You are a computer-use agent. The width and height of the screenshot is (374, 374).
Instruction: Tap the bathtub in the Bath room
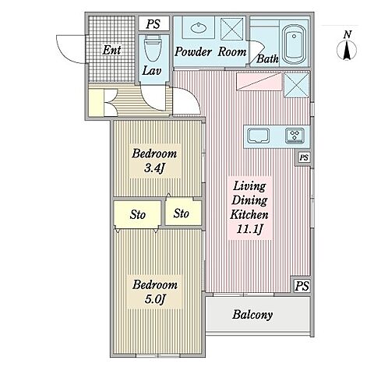(x=294, y=44)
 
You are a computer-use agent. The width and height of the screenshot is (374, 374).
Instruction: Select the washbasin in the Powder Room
(x=199, y=27)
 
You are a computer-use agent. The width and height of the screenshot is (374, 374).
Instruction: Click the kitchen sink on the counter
(x=258, y=136)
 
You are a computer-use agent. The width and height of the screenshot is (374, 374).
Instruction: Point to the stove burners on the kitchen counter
(x=295, y=136)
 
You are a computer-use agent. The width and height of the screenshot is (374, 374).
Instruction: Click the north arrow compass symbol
(x=347, y=46)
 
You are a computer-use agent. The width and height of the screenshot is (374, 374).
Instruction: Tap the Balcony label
(x=252, y=315)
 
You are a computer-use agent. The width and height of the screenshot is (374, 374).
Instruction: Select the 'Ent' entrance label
(x=111, y=50)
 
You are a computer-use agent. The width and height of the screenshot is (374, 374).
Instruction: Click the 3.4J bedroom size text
(x=154, y=169)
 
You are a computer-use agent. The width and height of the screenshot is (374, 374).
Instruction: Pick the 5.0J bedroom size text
(x=155, y=299)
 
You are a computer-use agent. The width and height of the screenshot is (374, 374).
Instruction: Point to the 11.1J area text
(x=249, y=229)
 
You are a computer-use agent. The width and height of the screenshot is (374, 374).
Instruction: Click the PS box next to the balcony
(x=302, y=286)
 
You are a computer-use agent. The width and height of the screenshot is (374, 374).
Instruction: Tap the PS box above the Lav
(x=153, y=24)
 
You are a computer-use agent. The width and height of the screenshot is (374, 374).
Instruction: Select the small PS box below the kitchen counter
(x=304, y=157)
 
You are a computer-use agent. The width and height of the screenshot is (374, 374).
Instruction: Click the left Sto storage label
(x=137, y=215)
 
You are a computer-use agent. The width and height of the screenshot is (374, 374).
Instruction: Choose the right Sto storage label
(x=181, y=213)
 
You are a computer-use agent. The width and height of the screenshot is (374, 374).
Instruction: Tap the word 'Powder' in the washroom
(x=193, y=52)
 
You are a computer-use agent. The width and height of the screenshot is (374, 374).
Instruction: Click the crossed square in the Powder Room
(x=232, y=29)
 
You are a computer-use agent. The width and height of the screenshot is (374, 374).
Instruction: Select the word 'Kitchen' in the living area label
(x=249, y=214)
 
